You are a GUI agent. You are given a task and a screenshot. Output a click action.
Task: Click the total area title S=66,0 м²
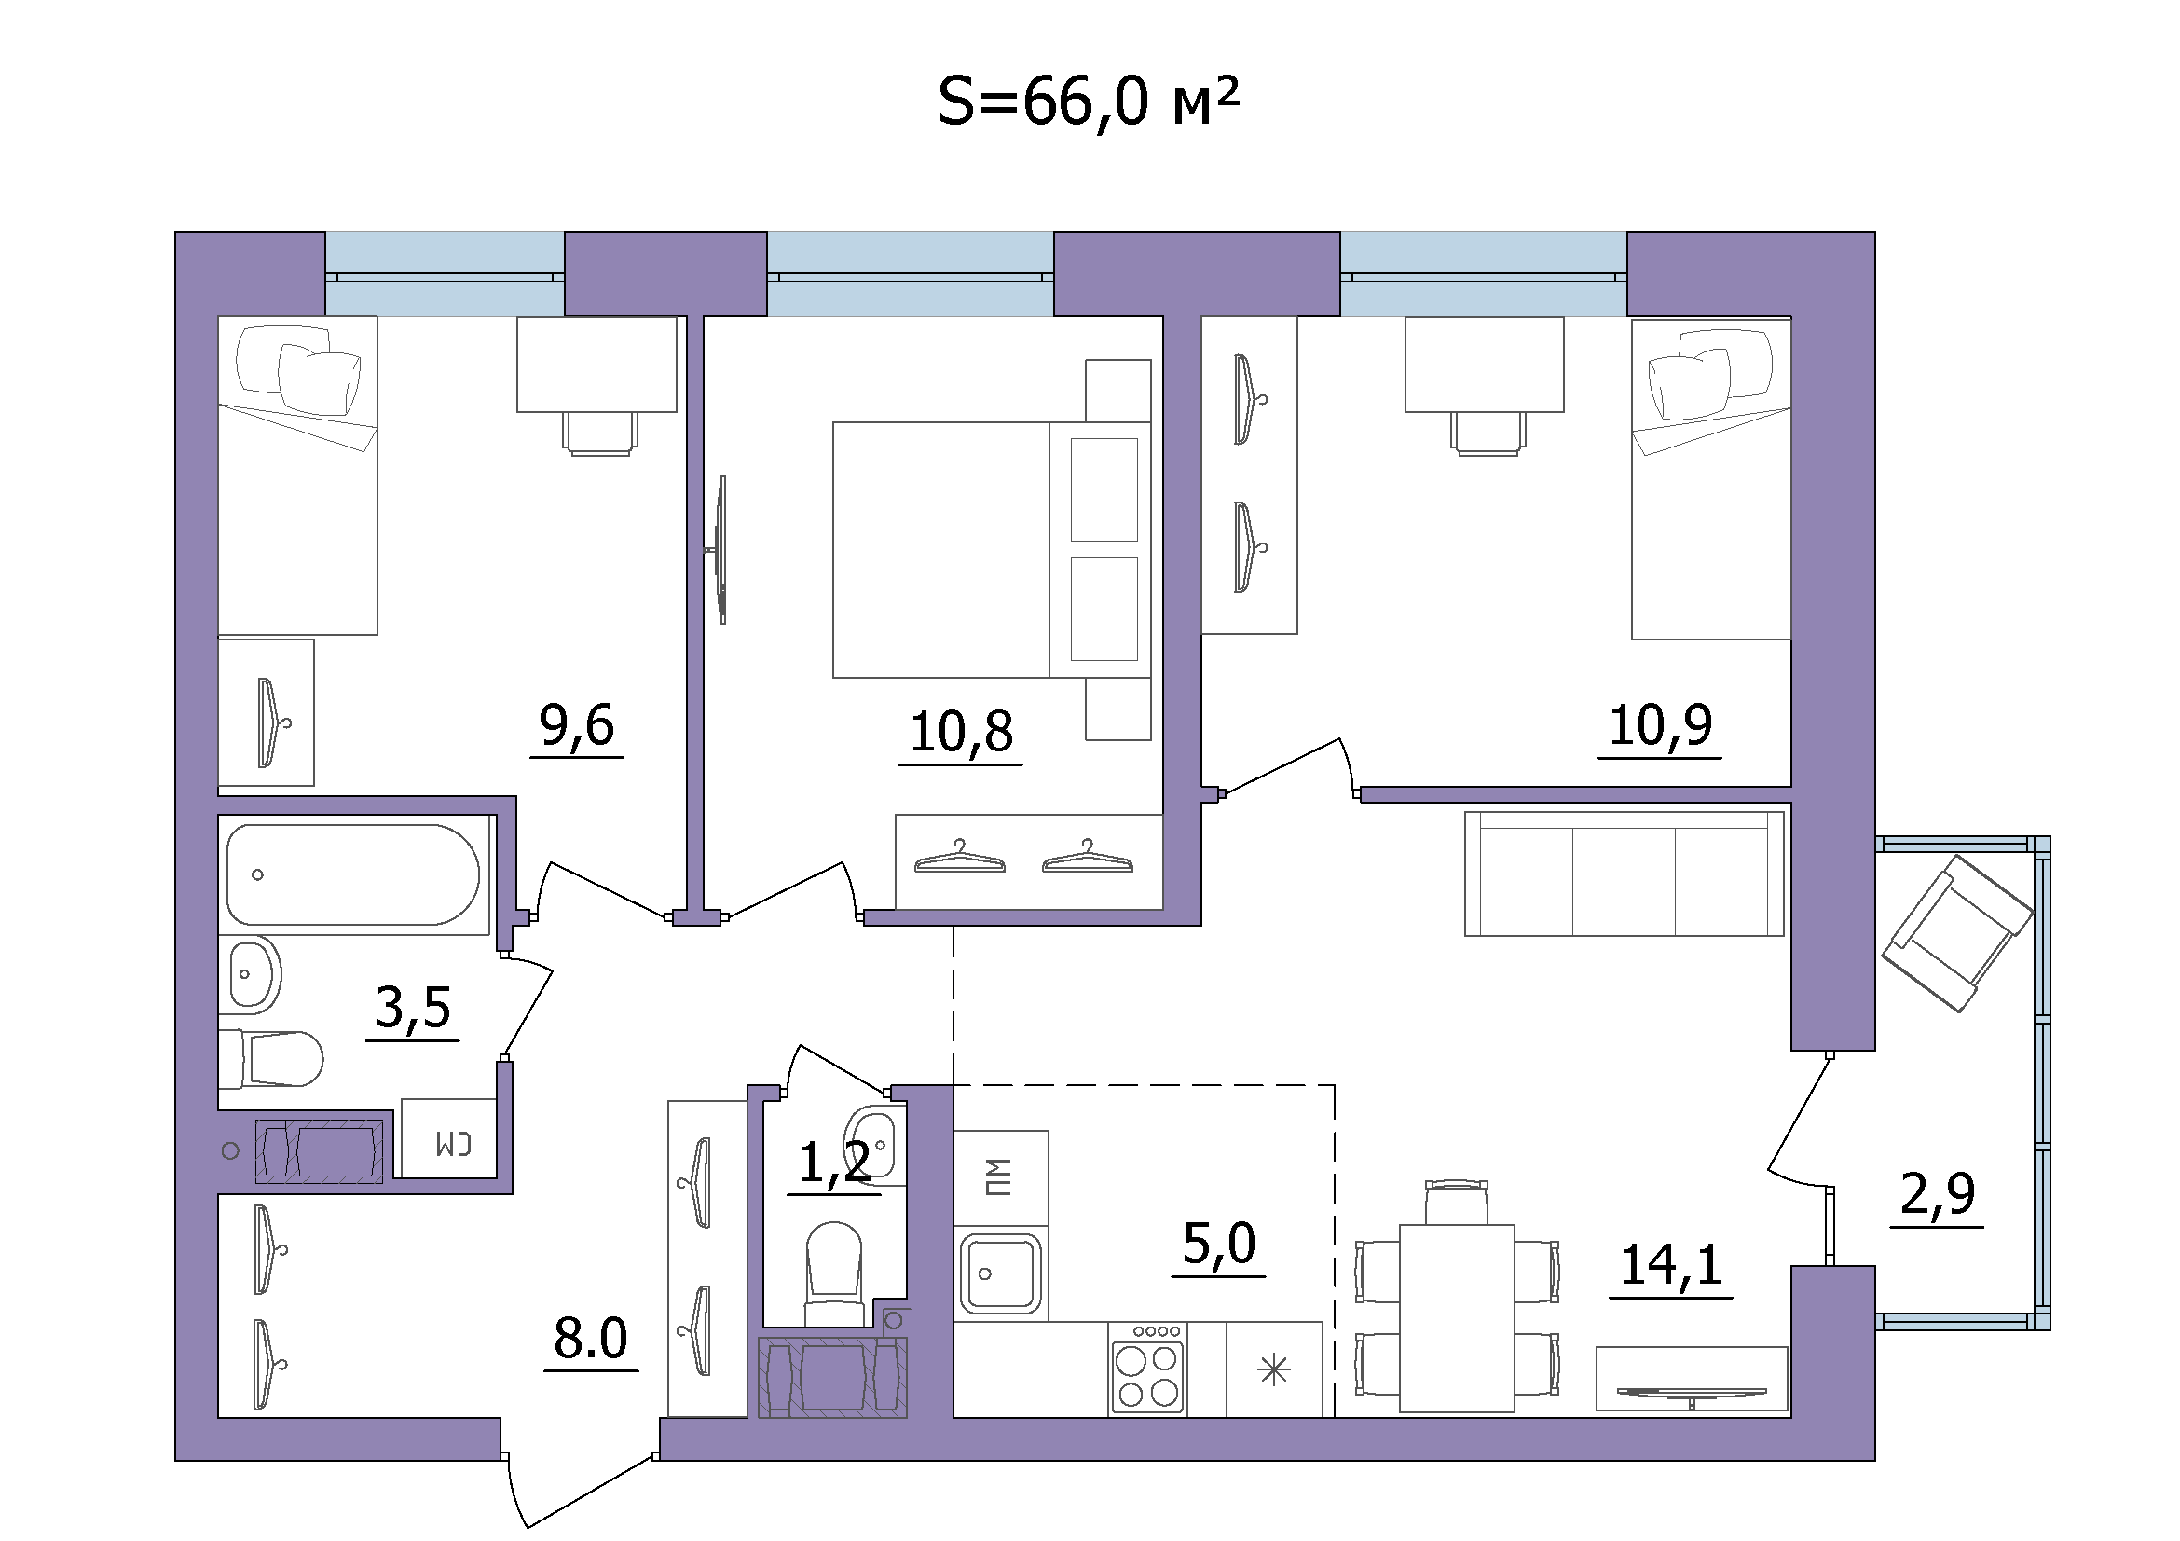1088,103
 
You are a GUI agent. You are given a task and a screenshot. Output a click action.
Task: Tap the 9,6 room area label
576,726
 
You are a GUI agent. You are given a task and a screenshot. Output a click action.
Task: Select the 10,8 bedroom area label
961,732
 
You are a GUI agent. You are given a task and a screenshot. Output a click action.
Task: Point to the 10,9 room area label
1660,726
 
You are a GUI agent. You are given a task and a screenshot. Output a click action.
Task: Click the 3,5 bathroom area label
413,1008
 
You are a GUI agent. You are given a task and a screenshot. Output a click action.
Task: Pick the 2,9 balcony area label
1937,1194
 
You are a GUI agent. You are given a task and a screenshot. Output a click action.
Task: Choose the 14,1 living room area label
1671,1265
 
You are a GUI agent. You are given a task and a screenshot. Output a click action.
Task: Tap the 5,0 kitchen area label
1219,1244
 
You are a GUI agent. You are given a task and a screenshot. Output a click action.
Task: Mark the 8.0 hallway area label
591,1339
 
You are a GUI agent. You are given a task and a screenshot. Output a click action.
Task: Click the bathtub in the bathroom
353,874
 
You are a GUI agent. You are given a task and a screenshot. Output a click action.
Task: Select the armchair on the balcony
1958,933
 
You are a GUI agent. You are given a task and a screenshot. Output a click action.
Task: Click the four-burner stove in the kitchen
1148,1369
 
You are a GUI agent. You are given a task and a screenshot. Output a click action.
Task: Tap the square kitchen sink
1001,1273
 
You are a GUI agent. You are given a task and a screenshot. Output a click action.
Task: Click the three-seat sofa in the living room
1625,874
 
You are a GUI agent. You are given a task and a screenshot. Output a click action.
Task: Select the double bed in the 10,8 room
993,550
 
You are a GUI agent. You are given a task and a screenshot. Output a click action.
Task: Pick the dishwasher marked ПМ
1001,1177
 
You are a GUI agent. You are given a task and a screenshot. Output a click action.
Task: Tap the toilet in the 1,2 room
833,1273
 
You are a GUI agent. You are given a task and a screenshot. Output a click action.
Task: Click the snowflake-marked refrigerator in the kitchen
1274,1369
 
